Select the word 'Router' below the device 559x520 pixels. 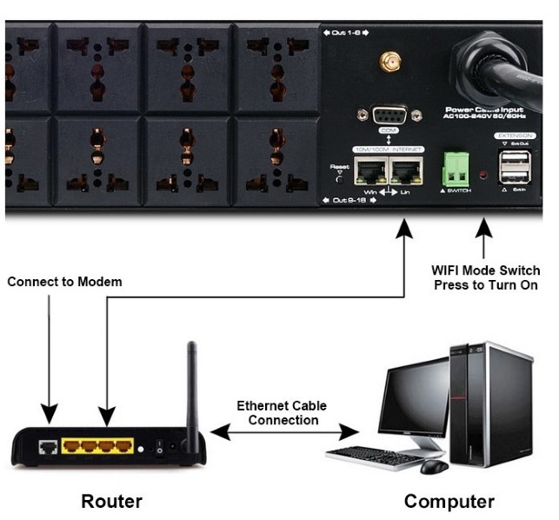click(111, 501)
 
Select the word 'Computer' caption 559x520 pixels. click(449, 501)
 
